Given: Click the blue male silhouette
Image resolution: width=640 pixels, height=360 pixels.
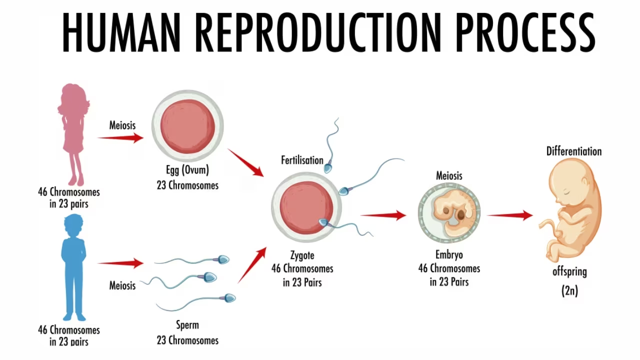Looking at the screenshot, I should (x=74, y=265).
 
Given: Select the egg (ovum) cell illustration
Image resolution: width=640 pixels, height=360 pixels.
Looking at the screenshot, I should (x=187, y=126).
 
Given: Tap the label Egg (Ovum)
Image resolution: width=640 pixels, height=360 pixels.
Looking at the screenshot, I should (x=187, y=169).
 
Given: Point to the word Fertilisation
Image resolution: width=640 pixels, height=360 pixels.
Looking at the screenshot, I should (x=302, y=160).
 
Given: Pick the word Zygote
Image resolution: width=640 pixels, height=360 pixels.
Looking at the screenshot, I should (x=302, y=255).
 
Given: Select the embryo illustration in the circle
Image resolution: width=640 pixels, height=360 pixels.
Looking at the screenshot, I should (x=449, y=212).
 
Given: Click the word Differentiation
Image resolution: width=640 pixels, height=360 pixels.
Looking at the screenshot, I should (x=573, y=151).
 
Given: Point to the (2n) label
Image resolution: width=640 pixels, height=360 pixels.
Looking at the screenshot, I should (x=569, y=290).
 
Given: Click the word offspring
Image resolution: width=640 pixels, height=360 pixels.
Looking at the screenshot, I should (x=569, y=272).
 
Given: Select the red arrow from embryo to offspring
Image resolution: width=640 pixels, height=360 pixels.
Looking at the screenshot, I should (x=509, y=215).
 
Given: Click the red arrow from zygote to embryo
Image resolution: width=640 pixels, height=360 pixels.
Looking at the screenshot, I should (x=383, y=215).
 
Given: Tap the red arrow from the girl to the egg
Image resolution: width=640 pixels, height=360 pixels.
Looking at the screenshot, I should (x=120, y=138).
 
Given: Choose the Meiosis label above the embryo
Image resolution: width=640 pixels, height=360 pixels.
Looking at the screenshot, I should (x=449, y=175).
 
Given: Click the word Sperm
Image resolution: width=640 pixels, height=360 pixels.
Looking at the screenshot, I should (x=187, y=325).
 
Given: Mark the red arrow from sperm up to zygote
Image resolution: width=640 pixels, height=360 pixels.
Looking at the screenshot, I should (x=252, y=265).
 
